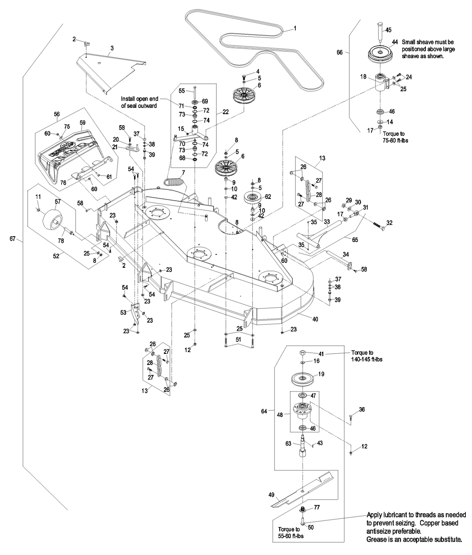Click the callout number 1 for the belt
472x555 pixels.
[295, 28]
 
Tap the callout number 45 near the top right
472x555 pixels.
[388, 30]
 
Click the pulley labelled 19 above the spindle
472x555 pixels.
[302, 380]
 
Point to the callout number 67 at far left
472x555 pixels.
[13, 239]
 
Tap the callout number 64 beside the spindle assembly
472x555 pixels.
[264, 411]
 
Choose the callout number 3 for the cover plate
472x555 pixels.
[112, 48]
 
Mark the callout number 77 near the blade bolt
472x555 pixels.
[317, 507]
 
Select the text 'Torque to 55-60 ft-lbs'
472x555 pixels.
[289, 533]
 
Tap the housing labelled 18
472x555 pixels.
[381, 82]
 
